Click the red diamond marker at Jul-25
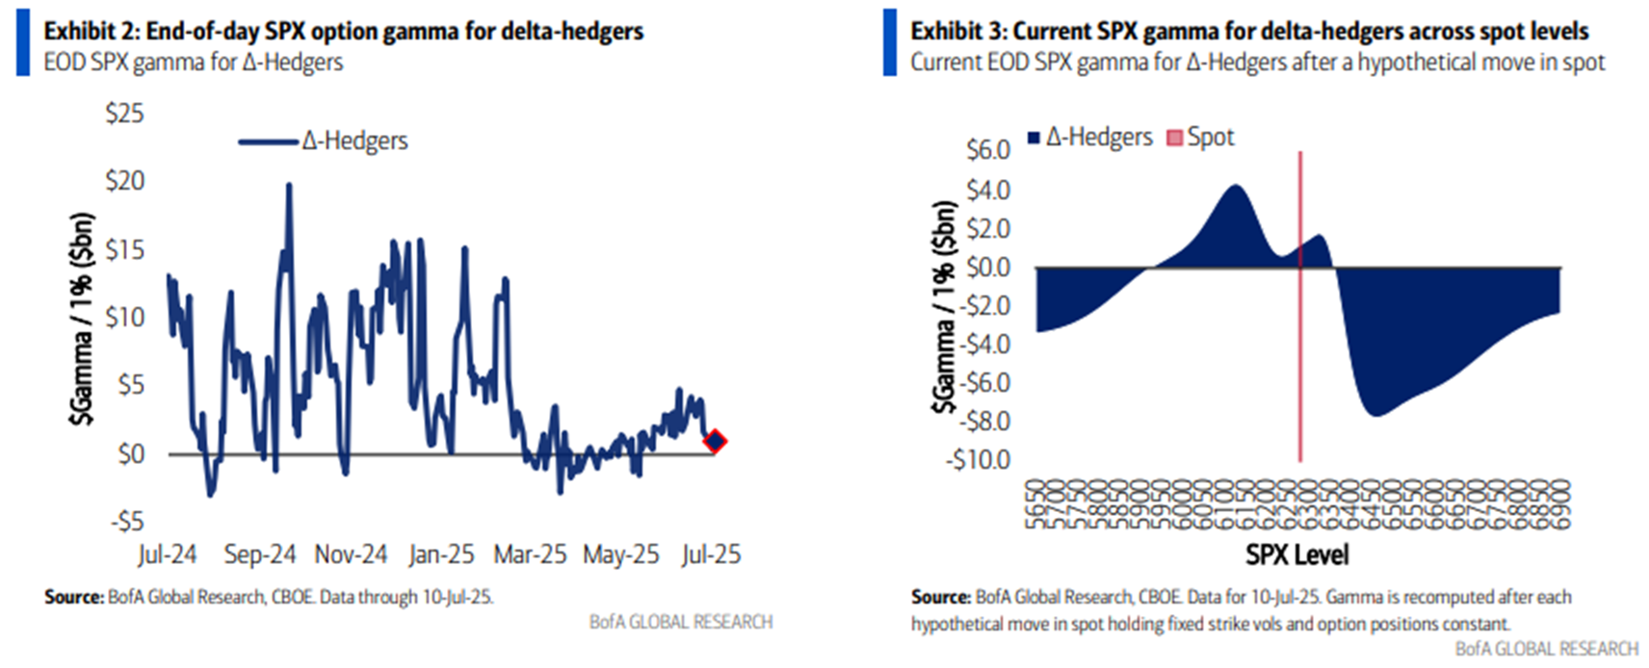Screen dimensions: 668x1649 tap(714, 442)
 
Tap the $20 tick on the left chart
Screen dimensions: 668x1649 tap(124, 181)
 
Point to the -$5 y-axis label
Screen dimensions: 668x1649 tap(125, 522)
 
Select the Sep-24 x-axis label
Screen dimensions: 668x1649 tap(259, 555)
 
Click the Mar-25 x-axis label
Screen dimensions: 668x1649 tap(530, 555)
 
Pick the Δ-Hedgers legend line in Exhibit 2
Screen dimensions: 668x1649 tap(268, 141)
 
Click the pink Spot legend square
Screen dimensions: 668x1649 tap(1174, 138)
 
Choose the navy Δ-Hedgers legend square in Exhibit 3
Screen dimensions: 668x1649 tap(1034, 138)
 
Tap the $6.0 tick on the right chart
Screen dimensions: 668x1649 tap(987, 151)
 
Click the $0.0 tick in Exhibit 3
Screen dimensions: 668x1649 tap(987, 267)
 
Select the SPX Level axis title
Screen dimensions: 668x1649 tap(1296, 555)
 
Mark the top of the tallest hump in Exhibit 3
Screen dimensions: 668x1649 tap(1236, 186)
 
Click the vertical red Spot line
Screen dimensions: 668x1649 tap(1300, 366)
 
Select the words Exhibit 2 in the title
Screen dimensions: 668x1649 tap(89, 32)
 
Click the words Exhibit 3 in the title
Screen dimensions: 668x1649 tap(955, 32)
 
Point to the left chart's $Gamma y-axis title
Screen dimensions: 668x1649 tap(83, 318)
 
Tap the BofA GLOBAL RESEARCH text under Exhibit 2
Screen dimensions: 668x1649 tap(680, 623)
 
